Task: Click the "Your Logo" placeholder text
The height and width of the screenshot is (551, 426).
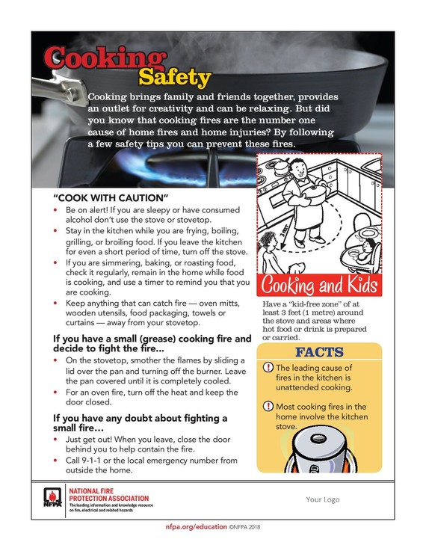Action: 324,499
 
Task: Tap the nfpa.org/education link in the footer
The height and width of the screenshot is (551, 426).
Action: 197,526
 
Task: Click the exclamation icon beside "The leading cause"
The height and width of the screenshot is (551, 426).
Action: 268,369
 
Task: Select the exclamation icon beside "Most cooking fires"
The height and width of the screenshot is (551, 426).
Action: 268,406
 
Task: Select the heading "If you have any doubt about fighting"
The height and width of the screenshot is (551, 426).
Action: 140,418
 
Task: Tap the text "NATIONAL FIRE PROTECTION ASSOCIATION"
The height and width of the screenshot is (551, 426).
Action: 108,494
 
